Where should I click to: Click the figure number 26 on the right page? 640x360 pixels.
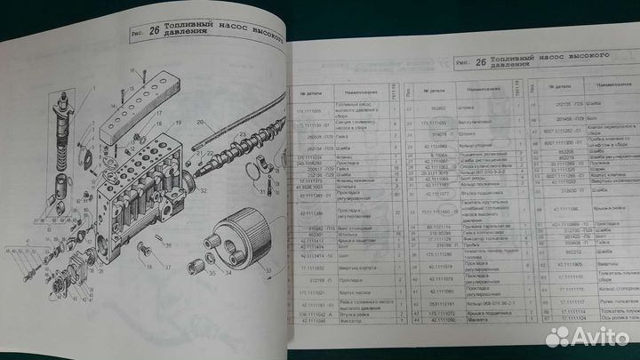[x=480, y=63]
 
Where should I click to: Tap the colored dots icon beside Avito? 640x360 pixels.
[x=557, y=336]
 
